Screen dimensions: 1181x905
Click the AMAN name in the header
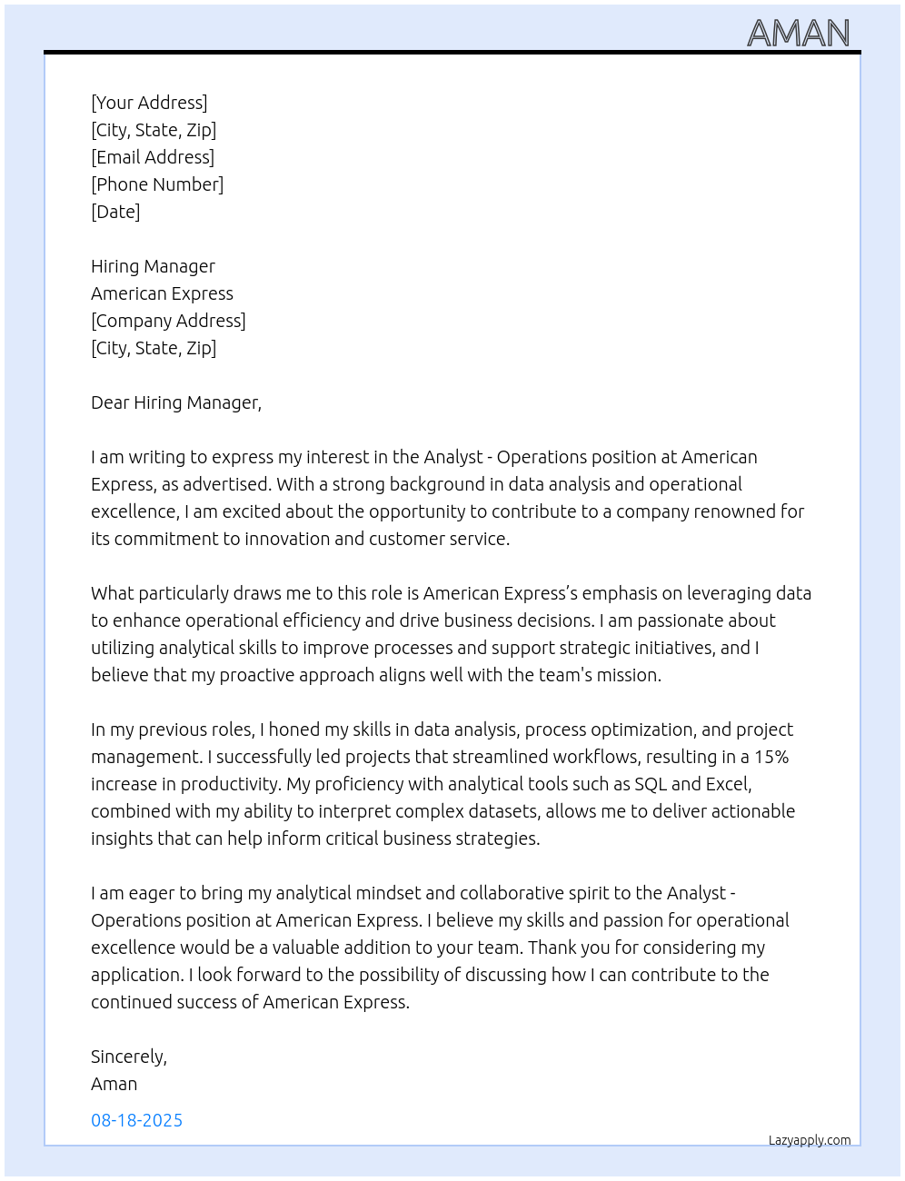pyautogui.click(x=798, y=34)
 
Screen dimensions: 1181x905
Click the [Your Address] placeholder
pyautogui.click(x=149, y=103)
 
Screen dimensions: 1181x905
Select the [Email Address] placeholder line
pyautogui.click(x=153, y=157)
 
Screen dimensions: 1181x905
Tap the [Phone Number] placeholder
pyautogui.click(x=157, y=184)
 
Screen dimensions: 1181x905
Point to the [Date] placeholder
pyautogui.click(x=115, y=212)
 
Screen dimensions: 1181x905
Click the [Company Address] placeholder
pyautogui.click(x=168, y=321)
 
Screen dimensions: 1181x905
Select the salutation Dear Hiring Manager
pyautogui.click(x=175, y=402)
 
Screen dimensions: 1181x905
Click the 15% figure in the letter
pyautogui.click(x=771, y=757)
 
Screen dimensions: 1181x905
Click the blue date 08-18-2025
pyautogui.click(x=136, y=1120)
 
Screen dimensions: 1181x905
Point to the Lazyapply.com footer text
pyautogui.click(x=809, y=1140)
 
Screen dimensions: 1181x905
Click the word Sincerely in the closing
pyautogui.click(x=128, y=1057)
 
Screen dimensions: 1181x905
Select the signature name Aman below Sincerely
pyautogui.click(x=114, y=1084)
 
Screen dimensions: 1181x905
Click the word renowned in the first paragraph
pyautogui.click(x=734, y=511)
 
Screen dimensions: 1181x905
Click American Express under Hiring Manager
pyautogui.click(x=162, y=293)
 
